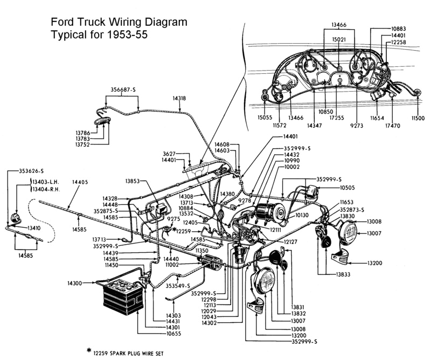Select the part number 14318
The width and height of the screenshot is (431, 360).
point(179,99)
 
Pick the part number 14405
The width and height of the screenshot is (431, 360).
point(80,183)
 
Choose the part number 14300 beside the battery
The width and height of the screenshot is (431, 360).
point(75,283)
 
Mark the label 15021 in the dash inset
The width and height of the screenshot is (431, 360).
point(339,39)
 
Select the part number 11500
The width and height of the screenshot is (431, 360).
point(418,118)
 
